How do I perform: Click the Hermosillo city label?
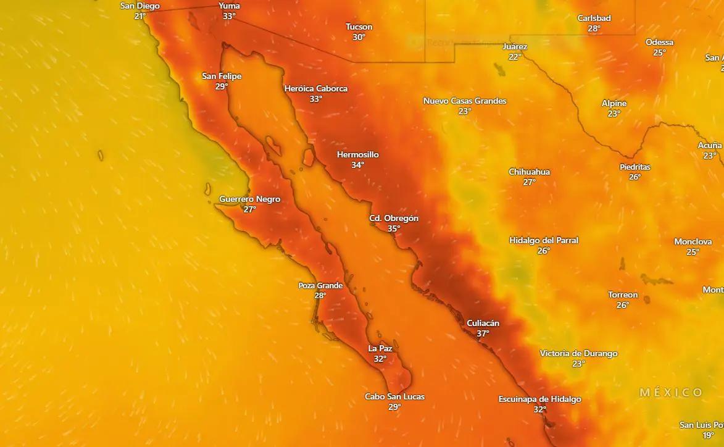point(357,155)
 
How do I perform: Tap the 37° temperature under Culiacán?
point(483,333)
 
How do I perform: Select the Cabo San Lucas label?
point(394,397)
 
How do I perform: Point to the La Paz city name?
point(380,349)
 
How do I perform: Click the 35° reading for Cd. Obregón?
point(394,228)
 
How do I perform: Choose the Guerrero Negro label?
point(249,199)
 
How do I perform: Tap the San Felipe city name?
point(222,77)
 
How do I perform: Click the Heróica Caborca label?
point(315,89)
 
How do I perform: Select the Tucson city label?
point(359,27)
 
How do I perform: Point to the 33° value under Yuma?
point(229,16)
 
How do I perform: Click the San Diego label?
point(139,6)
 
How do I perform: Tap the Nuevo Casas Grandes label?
point(464,101)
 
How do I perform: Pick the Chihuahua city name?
point(529,172)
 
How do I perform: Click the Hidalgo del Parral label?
point(543,241)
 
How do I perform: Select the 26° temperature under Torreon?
point(622,305)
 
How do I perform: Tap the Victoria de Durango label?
point(578,354)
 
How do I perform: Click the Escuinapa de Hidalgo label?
point(539,399)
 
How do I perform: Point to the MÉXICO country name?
point(671,393)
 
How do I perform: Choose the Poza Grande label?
point(320,286)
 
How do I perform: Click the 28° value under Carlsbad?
point(594,28)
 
